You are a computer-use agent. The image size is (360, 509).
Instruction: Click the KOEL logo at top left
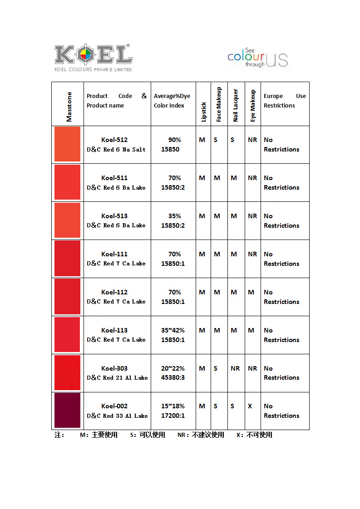tap(94, 58)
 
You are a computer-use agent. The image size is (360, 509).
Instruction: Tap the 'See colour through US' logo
tap(257, 58)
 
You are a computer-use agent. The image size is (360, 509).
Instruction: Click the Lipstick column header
tap(203, 112)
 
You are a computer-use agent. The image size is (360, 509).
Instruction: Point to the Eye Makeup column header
tap(252, 106)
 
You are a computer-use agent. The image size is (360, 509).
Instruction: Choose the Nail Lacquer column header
tap(236, 105)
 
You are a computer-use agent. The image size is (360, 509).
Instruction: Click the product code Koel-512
tap(114, 140)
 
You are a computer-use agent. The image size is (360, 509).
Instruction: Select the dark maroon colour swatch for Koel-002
tap(67, 410)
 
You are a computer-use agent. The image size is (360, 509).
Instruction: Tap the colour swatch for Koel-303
tap(67, 372)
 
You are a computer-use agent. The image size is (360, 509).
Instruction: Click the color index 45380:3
tap(173, 377)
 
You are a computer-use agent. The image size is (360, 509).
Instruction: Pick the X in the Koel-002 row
tap(250, 406)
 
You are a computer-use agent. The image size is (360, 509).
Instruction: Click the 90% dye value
tap(174, 140)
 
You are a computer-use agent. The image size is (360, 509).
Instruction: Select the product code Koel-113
tap(114, 330)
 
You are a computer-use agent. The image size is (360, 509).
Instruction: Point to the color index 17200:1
tap(173, 416)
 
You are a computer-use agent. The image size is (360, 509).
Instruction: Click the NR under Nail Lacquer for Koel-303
tap(235, 368)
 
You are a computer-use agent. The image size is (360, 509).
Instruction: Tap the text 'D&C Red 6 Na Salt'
tap(116, 149)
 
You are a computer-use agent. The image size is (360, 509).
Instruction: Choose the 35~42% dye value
tap(173, 330)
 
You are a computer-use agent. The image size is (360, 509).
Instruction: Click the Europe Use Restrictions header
tap(285, 101)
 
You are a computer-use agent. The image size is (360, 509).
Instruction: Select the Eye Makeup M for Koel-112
tap(251, 292)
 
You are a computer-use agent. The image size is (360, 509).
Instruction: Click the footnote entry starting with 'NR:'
tap(201, 435)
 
